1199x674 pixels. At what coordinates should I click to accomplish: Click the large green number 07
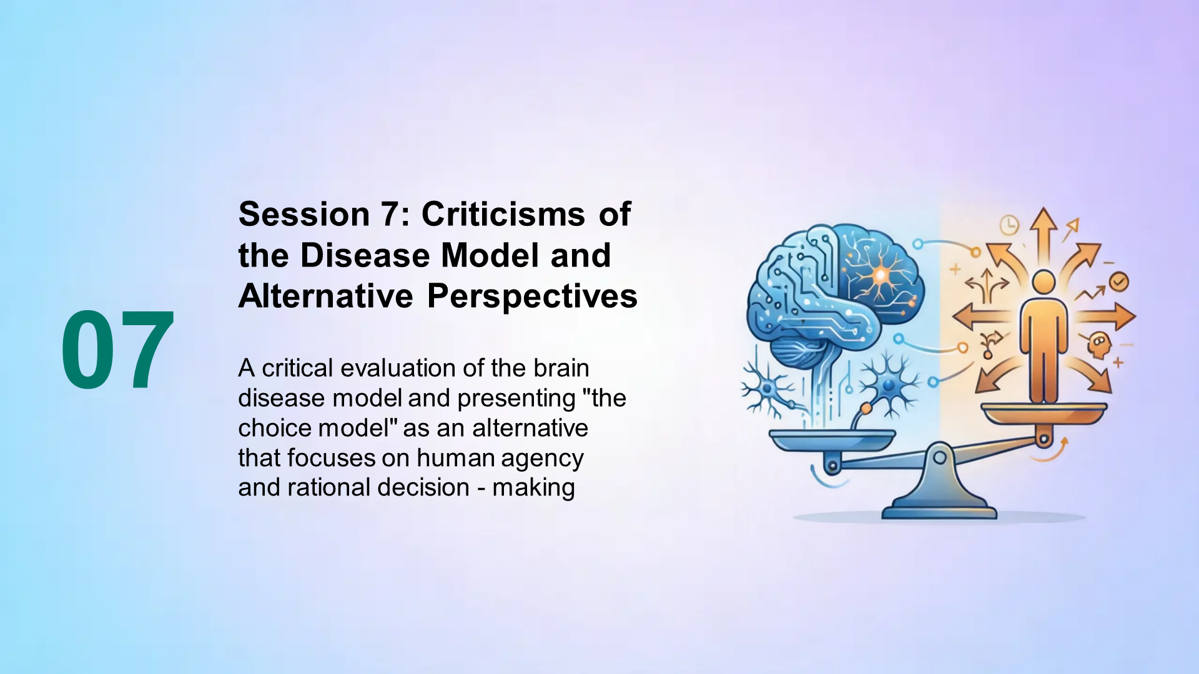(117, 351)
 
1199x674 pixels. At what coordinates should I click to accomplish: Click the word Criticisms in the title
(503, 215)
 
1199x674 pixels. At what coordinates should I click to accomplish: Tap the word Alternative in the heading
(325, 296)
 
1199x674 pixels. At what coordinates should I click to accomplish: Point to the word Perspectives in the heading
(532, 296)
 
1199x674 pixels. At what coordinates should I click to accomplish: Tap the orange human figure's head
(1044, 282)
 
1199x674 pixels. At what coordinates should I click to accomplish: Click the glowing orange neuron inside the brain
(879, 275)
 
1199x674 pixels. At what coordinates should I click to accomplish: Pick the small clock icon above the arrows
(1009, 225)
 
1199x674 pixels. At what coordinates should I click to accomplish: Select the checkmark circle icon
(1118, 281)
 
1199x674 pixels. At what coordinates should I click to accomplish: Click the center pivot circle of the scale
(939, 458)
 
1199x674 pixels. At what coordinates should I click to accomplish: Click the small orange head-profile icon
(1099, 344)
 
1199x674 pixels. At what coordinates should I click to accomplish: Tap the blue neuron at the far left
(767, 390)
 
